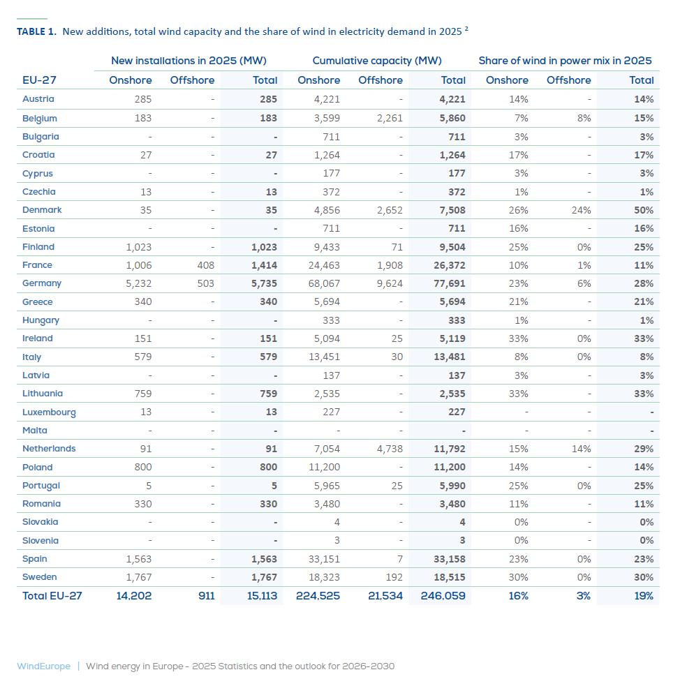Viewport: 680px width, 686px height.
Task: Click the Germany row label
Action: pos(42,283)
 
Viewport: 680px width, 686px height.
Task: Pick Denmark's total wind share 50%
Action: pos(644,210)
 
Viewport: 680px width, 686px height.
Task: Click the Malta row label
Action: pos(35,431)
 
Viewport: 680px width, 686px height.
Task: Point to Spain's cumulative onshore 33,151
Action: pos(324,559)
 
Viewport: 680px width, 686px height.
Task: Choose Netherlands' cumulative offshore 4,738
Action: pos(389,449)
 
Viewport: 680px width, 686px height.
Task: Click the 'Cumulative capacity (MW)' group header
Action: pos(377,61)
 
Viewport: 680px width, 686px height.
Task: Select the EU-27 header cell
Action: pos(40,80)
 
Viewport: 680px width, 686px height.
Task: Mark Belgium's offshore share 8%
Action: pos(584,119)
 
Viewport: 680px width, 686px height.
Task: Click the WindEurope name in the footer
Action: pos(43,666)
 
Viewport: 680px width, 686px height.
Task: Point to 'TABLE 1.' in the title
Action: pos(36,32)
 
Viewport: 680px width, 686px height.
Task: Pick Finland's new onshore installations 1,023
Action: pos(138,247)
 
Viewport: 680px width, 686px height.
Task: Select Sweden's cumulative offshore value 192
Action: pos(394,577)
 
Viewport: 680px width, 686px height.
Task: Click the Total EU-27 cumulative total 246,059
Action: pos(443,596)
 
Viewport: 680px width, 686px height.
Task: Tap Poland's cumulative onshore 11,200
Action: pos(324,467)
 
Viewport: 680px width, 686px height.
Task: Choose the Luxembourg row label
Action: pos(49,412)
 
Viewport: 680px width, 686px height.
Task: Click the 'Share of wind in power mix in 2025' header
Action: pos(565,61)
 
